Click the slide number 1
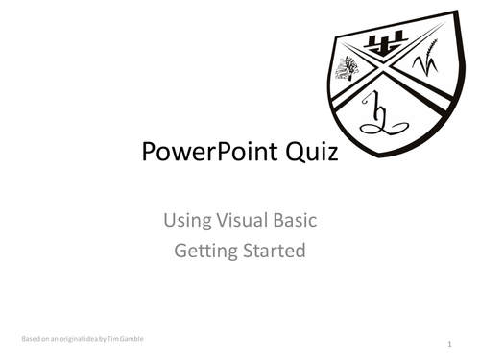(x=450, y=343)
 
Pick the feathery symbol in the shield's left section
(x=347, y=68)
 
